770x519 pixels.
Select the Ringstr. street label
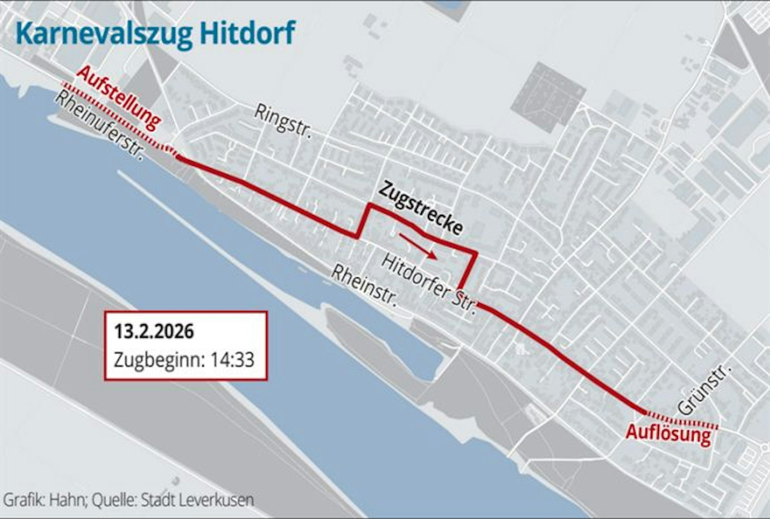tap(283, 122)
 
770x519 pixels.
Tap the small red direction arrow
tap(418, 245)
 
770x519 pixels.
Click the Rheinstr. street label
tap(364, 285)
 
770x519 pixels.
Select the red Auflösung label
tap(668, 434)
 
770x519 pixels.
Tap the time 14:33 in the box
tap(232, 360)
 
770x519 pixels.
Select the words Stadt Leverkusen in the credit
tap(197, 500)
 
